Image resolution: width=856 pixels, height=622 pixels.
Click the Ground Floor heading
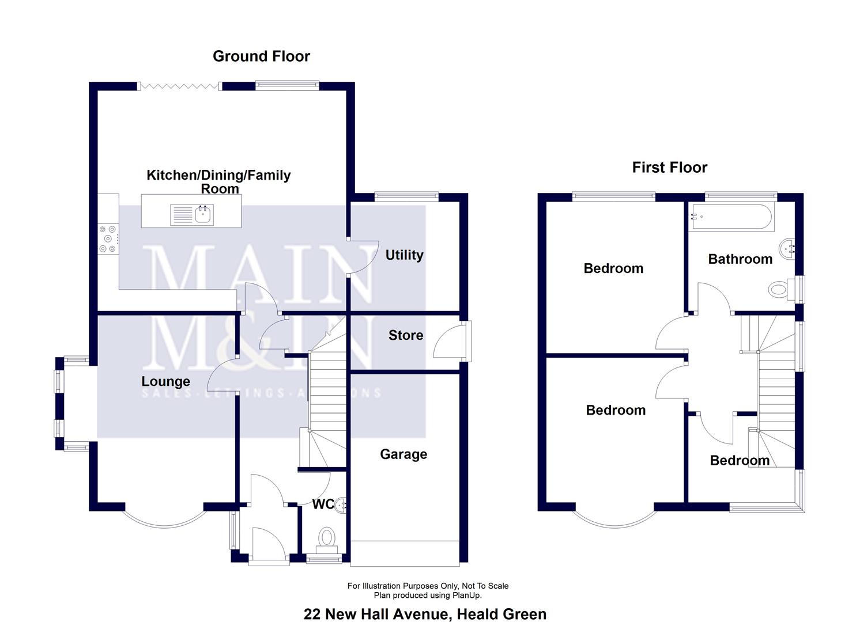click(261, 56)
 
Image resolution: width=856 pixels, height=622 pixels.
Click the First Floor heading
click(669, 168)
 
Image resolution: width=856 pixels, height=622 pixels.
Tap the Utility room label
click(404, 255)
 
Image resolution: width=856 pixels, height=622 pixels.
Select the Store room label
click(405, 335)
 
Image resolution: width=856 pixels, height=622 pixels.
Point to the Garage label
click(404, 454)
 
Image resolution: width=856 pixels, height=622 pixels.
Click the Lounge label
click(165, 382)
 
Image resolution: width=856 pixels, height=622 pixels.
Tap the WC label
click(323, 505)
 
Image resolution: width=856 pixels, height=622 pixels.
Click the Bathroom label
click(740, 259)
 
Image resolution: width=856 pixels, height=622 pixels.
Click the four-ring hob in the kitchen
click(108, 239)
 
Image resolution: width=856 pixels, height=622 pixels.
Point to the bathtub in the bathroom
click(732, 218)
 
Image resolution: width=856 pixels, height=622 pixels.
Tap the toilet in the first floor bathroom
click(779, 290)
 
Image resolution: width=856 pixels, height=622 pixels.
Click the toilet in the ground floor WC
click(327, 538)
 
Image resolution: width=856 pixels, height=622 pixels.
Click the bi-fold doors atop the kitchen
click(179, 86)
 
